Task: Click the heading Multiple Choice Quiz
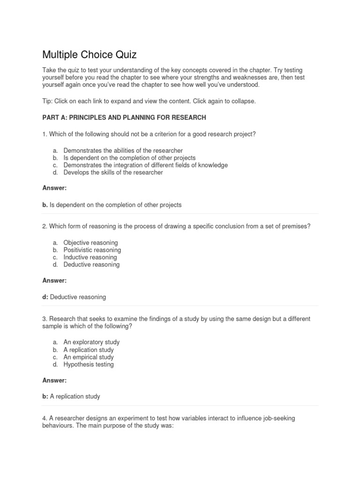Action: (89, 54)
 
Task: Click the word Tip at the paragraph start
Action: (47, 101)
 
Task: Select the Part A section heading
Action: (124, 117)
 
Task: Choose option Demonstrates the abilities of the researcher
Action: (123, 150)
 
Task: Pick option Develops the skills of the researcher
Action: (113, 172)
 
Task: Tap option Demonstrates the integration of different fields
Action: (145, 165)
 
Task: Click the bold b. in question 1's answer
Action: (45, 205)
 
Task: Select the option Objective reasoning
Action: (90, 243)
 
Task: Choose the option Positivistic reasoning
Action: (92, 250)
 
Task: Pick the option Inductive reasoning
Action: (90, 257)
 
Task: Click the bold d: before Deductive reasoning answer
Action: (45, 297)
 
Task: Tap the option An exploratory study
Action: (91, 342)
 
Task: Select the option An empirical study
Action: (89, 357)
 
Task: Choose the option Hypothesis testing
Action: (89, 364)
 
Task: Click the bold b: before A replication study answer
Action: (45, 397)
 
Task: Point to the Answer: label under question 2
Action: (54, 281)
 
